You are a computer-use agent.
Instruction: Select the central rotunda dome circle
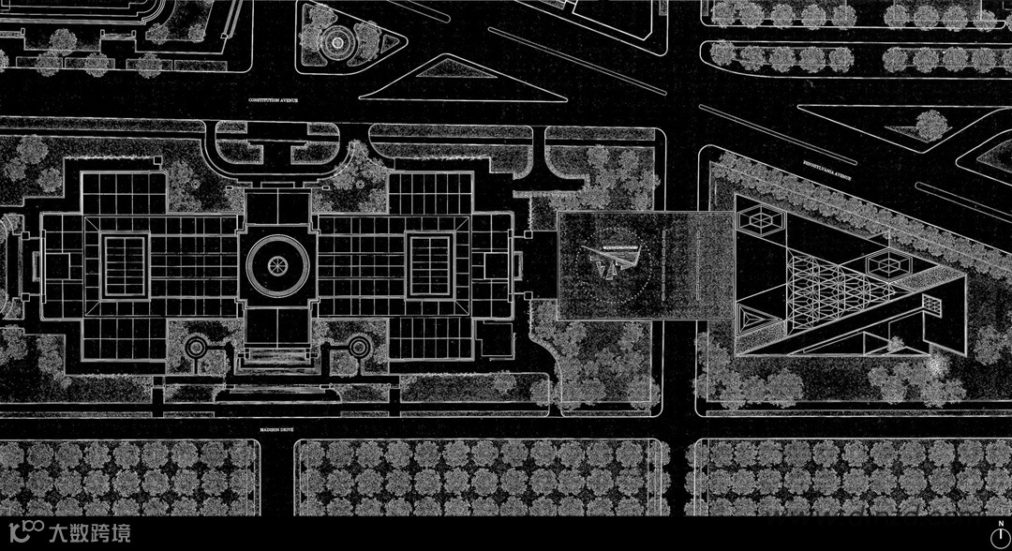pyautogui.click(x=276, y=265)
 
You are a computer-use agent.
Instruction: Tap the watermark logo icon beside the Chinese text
pyautogui.click(x=32, y=534)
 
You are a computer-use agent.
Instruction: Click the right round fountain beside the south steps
pyautogui.click(x=357, y=347)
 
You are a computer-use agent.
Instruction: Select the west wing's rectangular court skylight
pyautogui.click(x=124, y=265)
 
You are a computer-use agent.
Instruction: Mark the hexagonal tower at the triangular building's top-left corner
pyautogui.click(x=761, y=221)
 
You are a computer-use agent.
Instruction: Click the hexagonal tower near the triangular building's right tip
pyautogui.click(x=889, y=267)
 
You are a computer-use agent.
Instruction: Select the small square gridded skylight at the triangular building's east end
pyautogui.click(x=930, y=305)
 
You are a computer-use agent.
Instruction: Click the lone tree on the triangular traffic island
pyautogui.click(x=930, y=125)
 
